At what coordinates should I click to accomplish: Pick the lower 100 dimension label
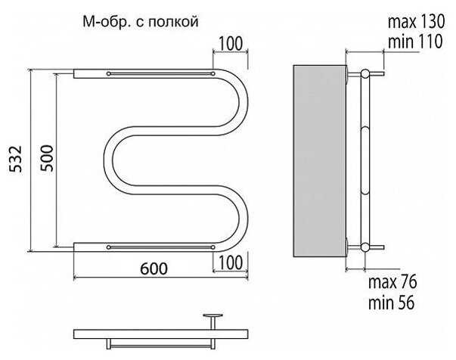[x=231, y=262]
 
